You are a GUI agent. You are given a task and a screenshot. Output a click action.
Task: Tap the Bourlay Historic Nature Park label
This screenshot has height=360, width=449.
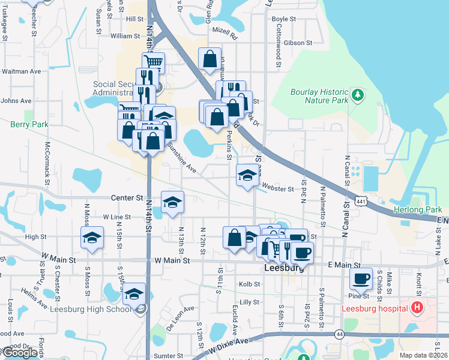(319, 96)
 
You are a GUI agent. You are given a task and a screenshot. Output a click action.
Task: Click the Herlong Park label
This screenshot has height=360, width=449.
(417, 209)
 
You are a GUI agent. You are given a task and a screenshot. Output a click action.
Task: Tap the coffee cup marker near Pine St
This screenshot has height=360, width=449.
(361, 279)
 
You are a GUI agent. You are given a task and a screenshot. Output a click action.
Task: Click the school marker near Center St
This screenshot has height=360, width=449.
(172, 202)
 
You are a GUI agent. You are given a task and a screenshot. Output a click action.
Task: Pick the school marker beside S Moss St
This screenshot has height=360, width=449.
(92, 238)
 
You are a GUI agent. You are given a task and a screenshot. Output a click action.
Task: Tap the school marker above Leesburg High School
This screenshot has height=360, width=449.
(134, 294)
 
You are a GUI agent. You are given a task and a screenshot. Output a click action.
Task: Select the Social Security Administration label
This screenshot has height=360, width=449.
(113, 88)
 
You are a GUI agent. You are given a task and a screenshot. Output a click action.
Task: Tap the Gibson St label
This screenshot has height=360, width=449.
(298, 43)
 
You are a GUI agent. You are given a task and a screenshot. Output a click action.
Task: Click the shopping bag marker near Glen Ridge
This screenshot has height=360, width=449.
(209, 59)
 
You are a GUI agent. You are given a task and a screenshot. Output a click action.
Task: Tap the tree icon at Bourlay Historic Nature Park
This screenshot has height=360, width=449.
(358, 95)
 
